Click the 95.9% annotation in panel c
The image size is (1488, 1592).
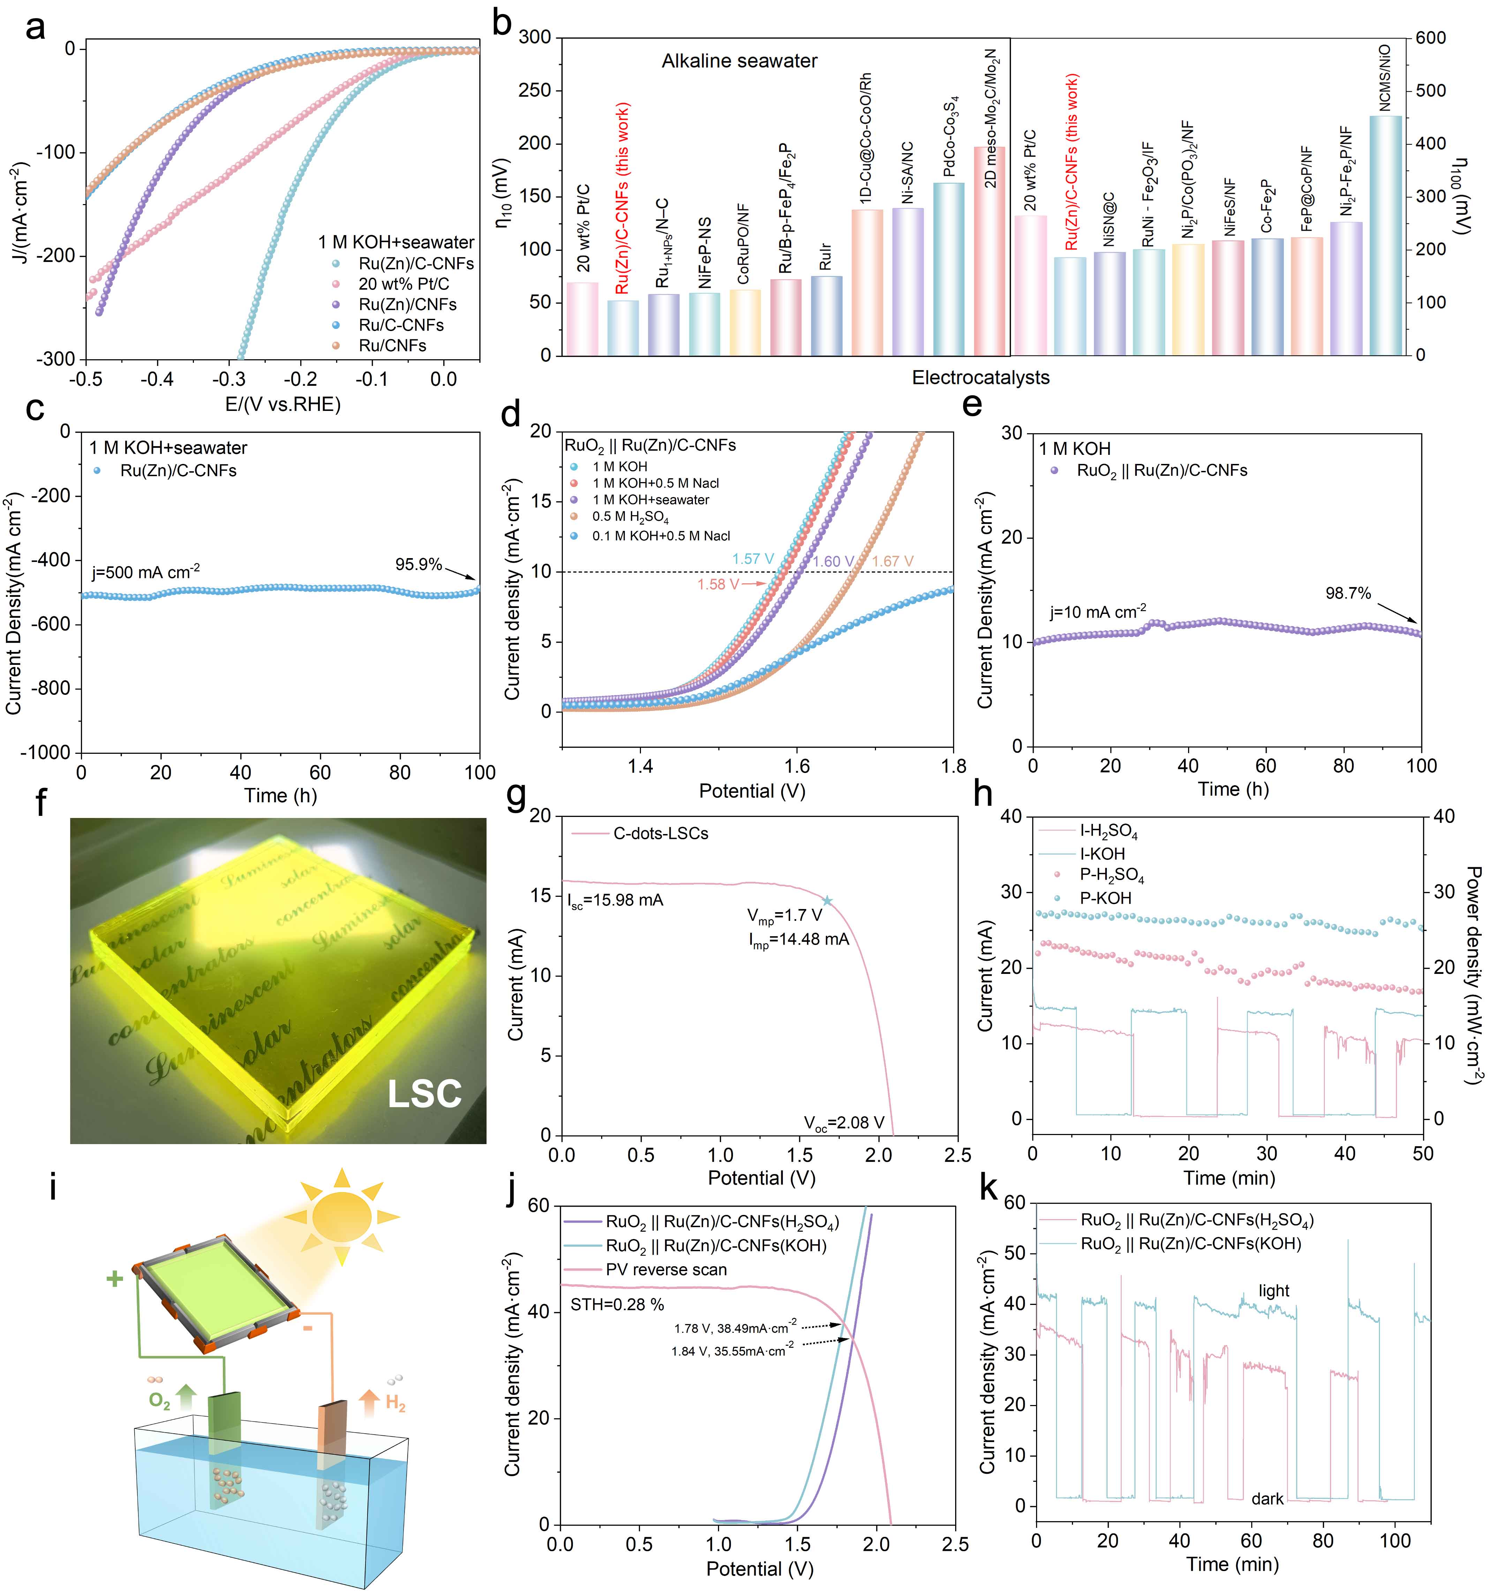coord(418,565)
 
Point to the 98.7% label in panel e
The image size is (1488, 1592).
coord(1348,593)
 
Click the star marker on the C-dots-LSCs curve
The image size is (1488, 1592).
coord(828,901)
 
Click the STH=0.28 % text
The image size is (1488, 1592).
coord(617,1305)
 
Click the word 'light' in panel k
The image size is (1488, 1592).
coord(1274,1291)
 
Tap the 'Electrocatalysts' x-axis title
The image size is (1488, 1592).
coord(981,377)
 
